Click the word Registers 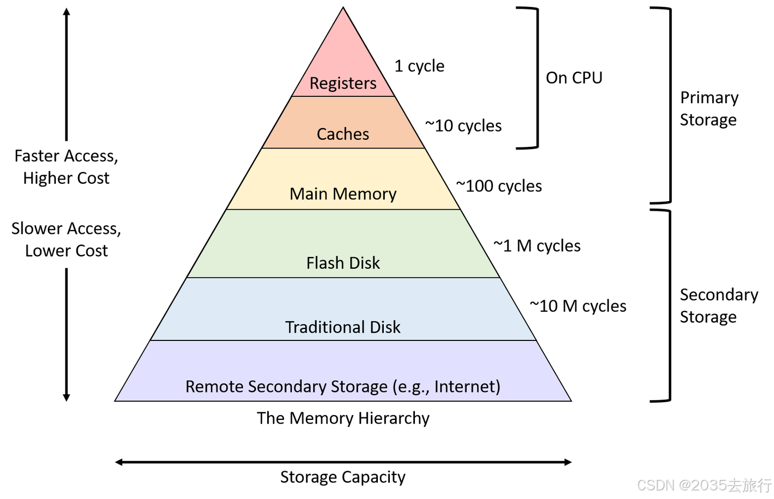343,83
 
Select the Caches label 343,134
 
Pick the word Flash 324,262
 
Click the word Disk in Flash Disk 365,262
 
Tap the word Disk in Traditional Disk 385,327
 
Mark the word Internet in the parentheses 465,387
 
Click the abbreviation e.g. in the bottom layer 412,387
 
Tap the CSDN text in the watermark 655,484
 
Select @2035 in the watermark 702,484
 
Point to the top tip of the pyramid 343,10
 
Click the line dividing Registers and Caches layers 343,96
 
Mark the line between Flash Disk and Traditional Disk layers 343,277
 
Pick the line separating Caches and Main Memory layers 343,148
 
